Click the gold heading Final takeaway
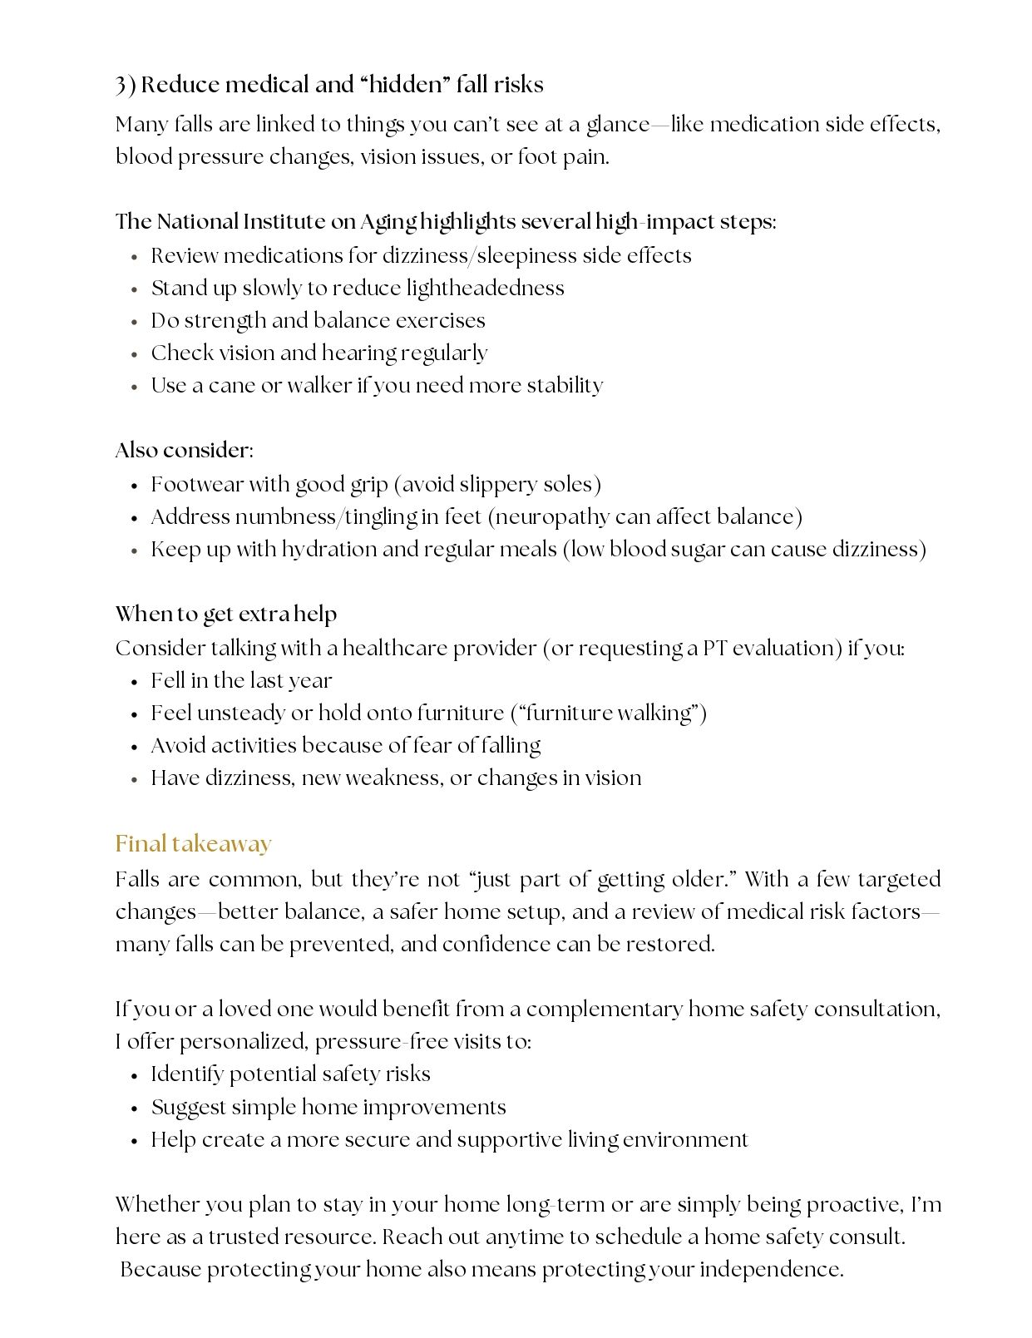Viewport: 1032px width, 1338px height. pyautogui.click(x=193, y=844)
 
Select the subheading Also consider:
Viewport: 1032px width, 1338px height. pyautogui.click(x=184, y=450)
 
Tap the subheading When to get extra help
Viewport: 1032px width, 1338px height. pyautogui.click(x=225, y=615)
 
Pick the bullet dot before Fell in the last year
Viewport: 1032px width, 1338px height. pyautogui.click(x=134, y=682)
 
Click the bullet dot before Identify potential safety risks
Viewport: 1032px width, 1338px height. pyautogui.click(x=134, y=1075)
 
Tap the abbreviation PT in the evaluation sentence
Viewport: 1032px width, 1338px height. pyautogui.click(x=715, y=648)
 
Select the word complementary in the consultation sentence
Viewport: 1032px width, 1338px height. pyautogui.click(x=605, y=1009)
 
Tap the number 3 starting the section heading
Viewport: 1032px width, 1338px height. pyautogui.click(x=121, y=85)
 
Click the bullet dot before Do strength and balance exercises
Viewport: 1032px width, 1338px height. pyautogui.click(x=134, y=322)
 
